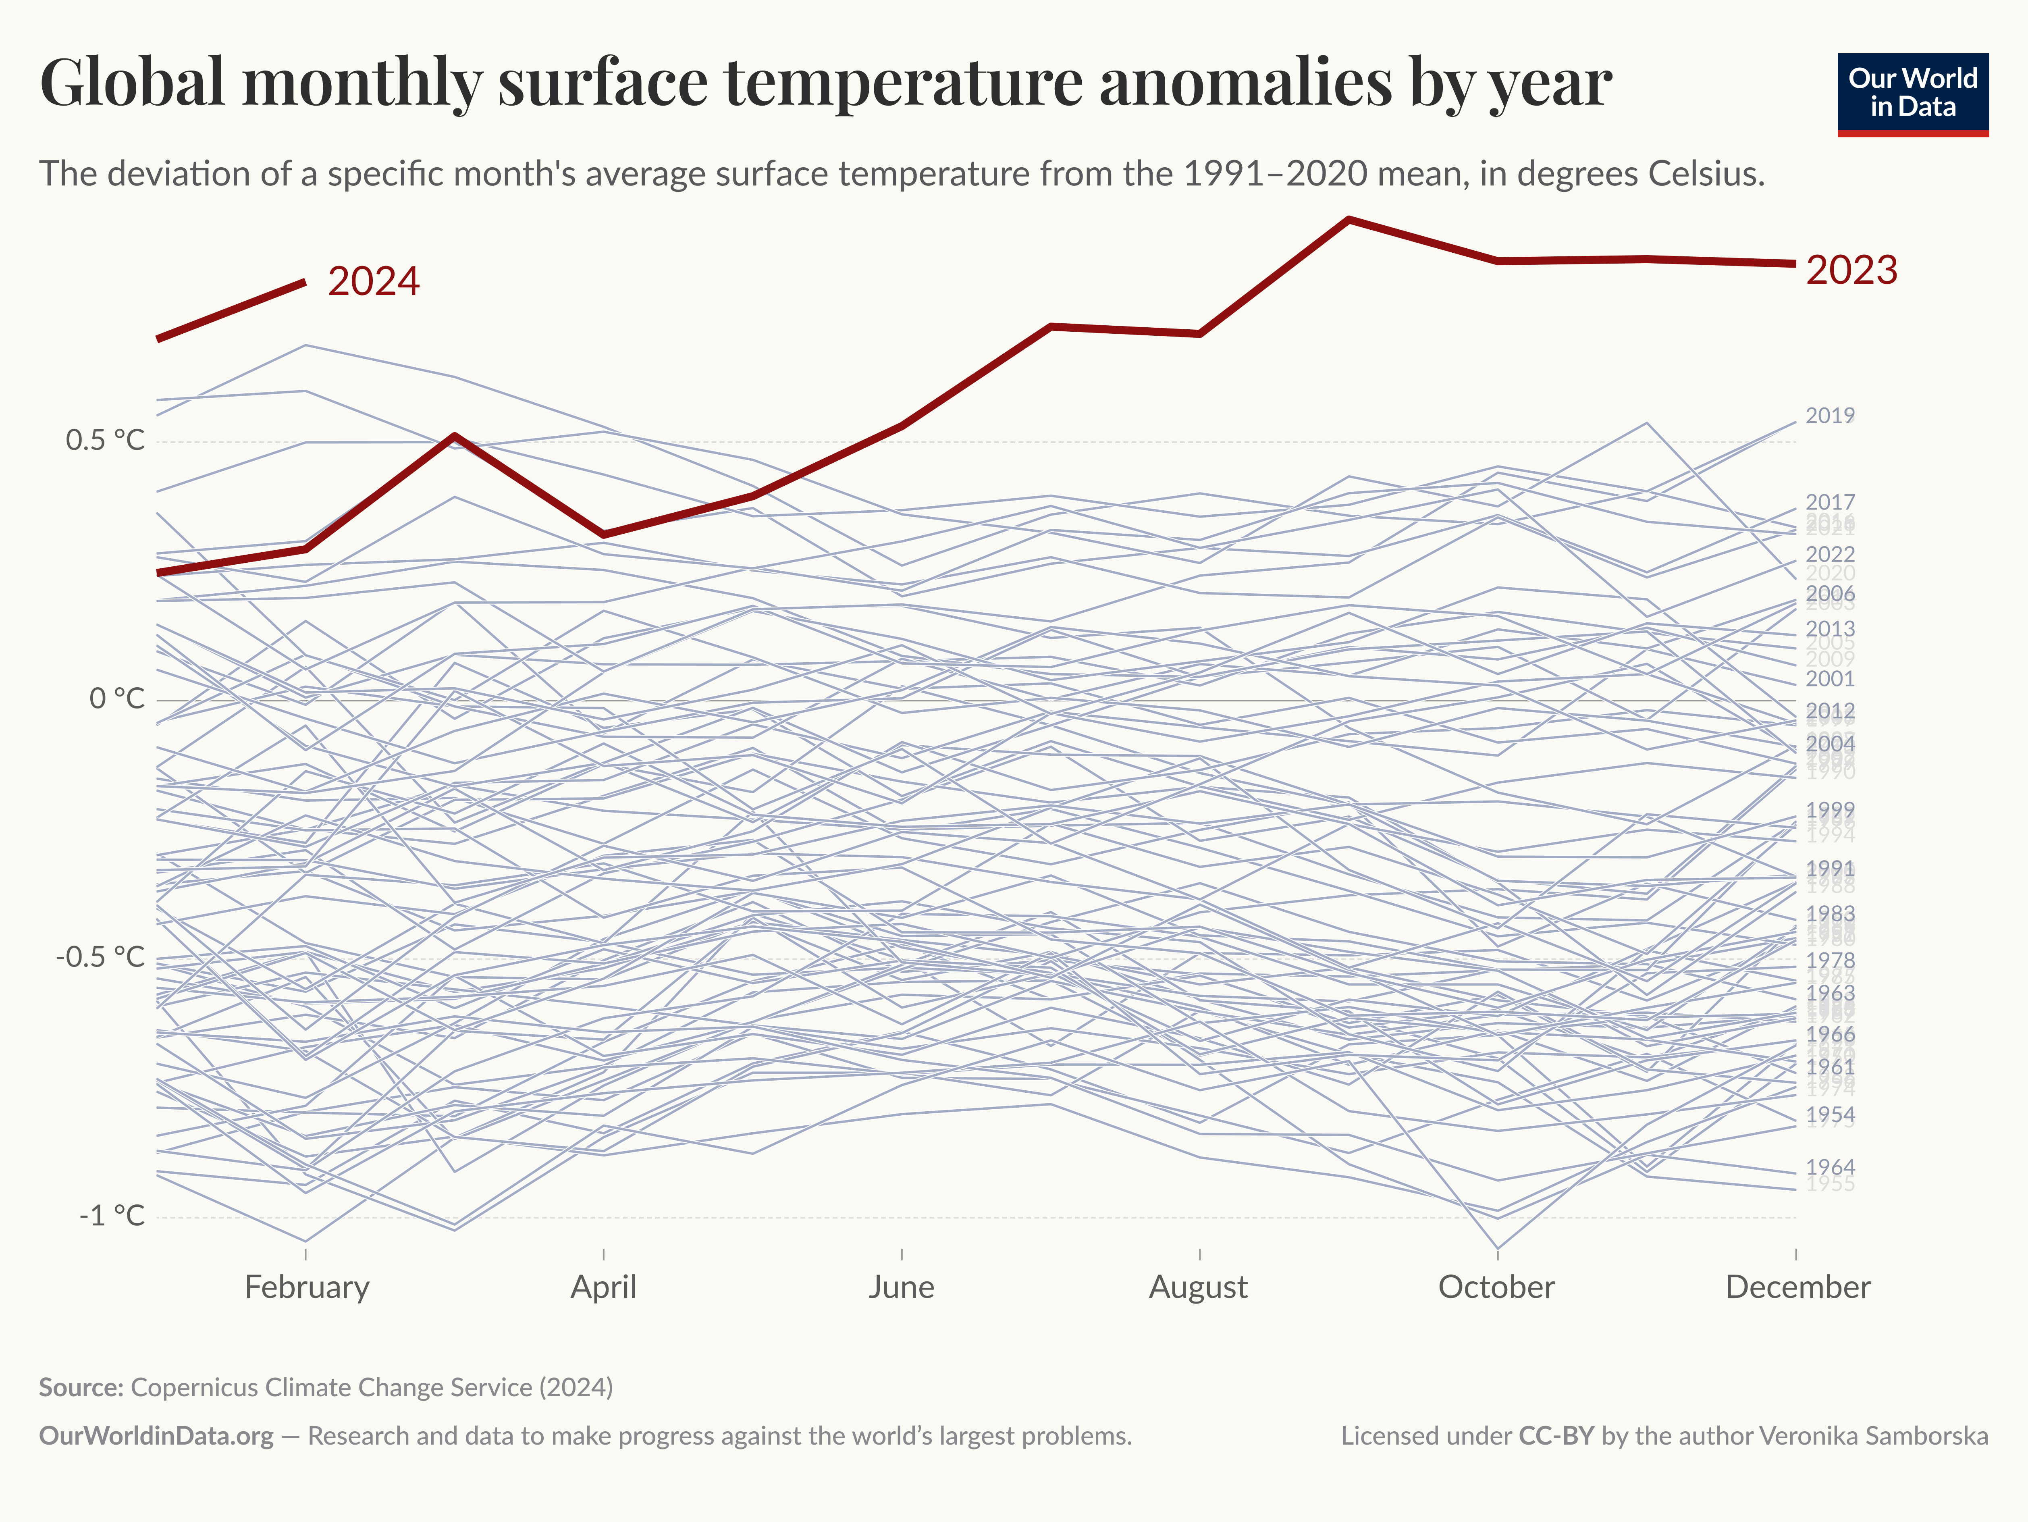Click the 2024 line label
pyautogui.click(x=373, y=281)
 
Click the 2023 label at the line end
pyautogui.click(x=1851, y=270)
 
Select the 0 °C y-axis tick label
pyautogui.click(x=116, y=700)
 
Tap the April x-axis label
pyautogui.click(x=603, y=1287)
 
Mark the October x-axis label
pyautogui.click(x=1496, y=1287)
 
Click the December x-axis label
pyautogui.click(x=1797, y=1287)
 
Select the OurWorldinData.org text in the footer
pyautogui.click(x=156, y=1436)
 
